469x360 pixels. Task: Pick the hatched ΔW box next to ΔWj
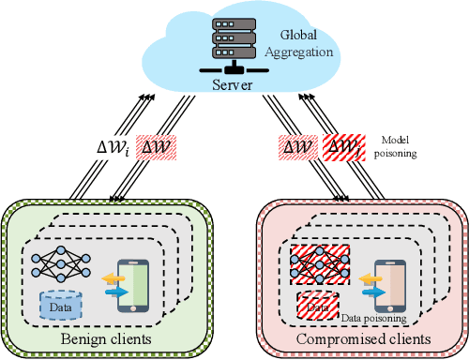[x=299, y=147]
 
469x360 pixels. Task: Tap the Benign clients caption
[x=110, y=337]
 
